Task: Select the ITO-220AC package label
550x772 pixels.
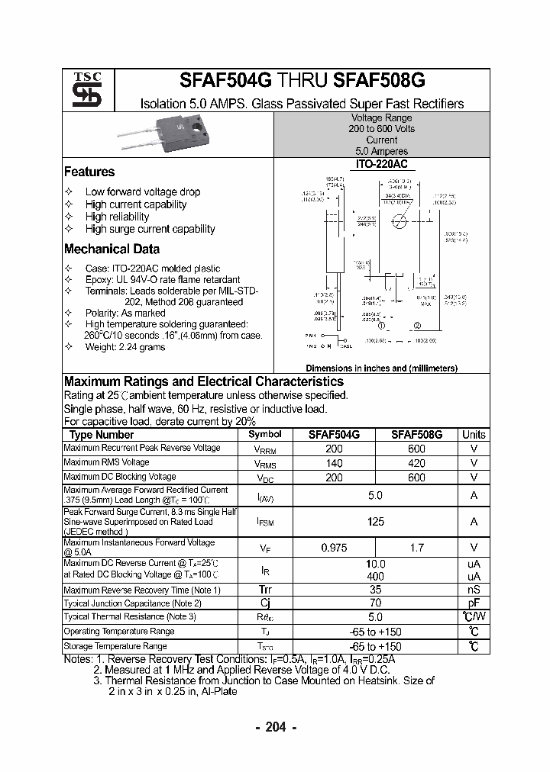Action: pos(381,164)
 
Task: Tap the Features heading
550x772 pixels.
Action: pos(89,172)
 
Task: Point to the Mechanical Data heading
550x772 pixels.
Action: pos(112,249)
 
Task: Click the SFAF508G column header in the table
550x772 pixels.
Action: pos(416,435)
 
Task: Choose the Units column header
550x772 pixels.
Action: pos(474,435)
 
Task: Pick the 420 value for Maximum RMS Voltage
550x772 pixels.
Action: pos(416,463)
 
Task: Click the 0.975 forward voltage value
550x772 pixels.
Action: pos(333,547)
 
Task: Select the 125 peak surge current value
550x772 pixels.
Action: pos(375,522)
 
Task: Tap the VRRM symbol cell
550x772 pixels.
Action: pos(265,449)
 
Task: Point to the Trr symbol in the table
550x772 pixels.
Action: pos(265,590)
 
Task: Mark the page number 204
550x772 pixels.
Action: pos(275,727)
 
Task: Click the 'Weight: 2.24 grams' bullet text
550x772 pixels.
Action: pos(125,347)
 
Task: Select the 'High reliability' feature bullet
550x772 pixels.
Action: pos(117,217)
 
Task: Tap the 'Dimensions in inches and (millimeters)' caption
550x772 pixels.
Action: pos(381,368)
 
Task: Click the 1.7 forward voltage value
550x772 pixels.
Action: pos(416,547)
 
